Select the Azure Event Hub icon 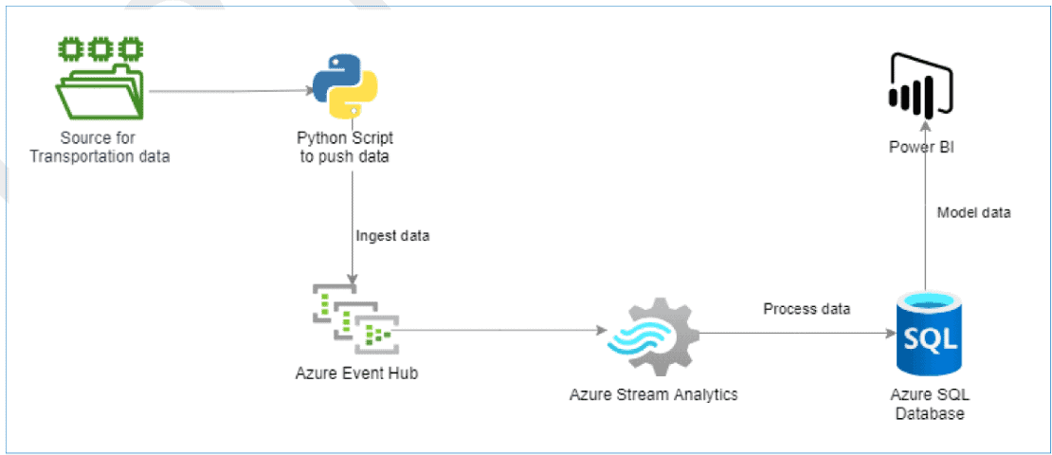(x=354, y=318)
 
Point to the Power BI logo (x=919, y=84)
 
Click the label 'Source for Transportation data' (x=100, y=147)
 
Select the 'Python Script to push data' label (x=345, y=147)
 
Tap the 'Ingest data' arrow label (x=392, y=236)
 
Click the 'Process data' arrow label (x=807, y=309)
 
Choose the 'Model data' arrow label (x=973, y=212)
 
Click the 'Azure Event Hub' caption (x=356, y=373)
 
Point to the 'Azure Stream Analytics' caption (x=653, y=394)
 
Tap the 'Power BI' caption (x=920, y=147)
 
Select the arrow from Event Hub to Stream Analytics (x=502, y=332)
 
